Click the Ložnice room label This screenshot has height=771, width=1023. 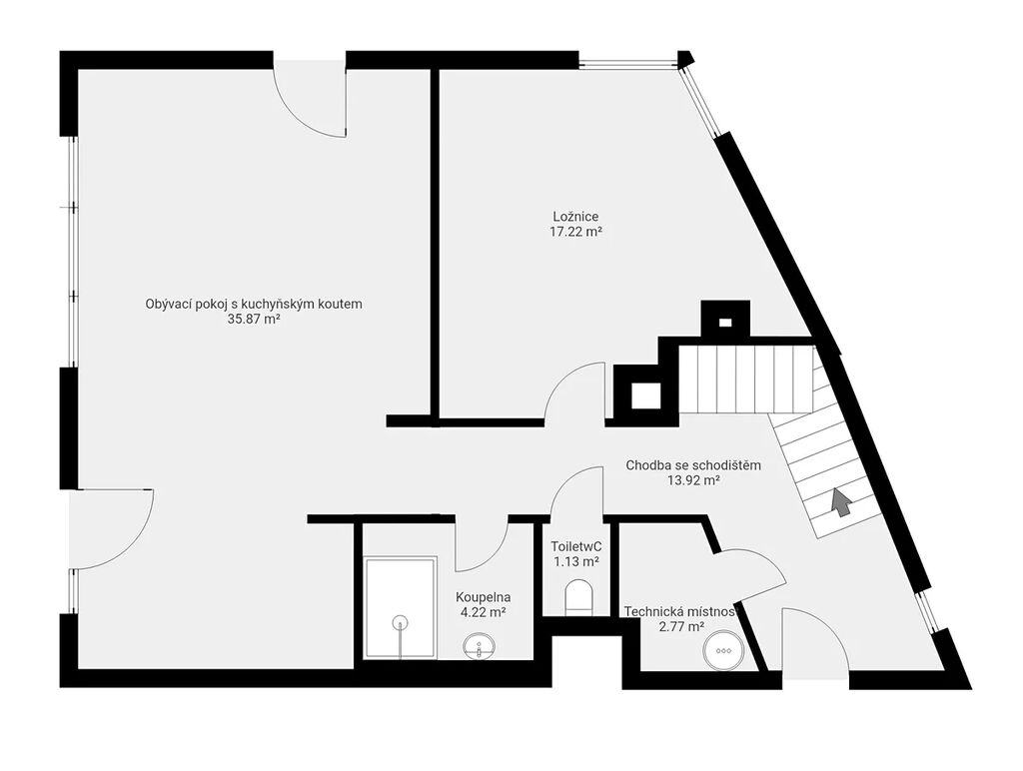[575, 217]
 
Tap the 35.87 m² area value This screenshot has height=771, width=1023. [253, 320]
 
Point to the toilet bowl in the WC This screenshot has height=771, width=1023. [578, 597]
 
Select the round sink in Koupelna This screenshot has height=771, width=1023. [479, 647]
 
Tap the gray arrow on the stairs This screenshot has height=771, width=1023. [841, 502]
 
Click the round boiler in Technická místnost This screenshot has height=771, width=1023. [722, 650]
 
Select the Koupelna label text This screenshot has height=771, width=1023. [484, 597]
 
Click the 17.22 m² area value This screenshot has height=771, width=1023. [575, 232]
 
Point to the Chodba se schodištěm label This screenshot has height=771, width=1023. [693, 465]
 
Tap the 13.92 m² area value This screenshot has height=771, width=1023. [693, 480]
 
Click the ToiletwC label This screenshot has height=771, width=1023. [576, 546]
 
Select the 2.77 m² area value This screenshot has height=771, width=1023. [682, 627]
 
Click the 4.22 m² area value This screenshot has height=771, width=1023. [484, 612]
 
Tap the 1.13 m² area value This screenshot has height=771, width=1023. [576, 561]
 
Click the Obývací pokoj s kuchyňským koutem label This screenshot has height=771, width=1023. [254, 304]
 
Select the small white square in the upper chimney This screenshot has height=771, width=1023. [725, 322]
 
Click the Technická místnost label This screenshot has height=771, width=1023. [679, 612]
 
